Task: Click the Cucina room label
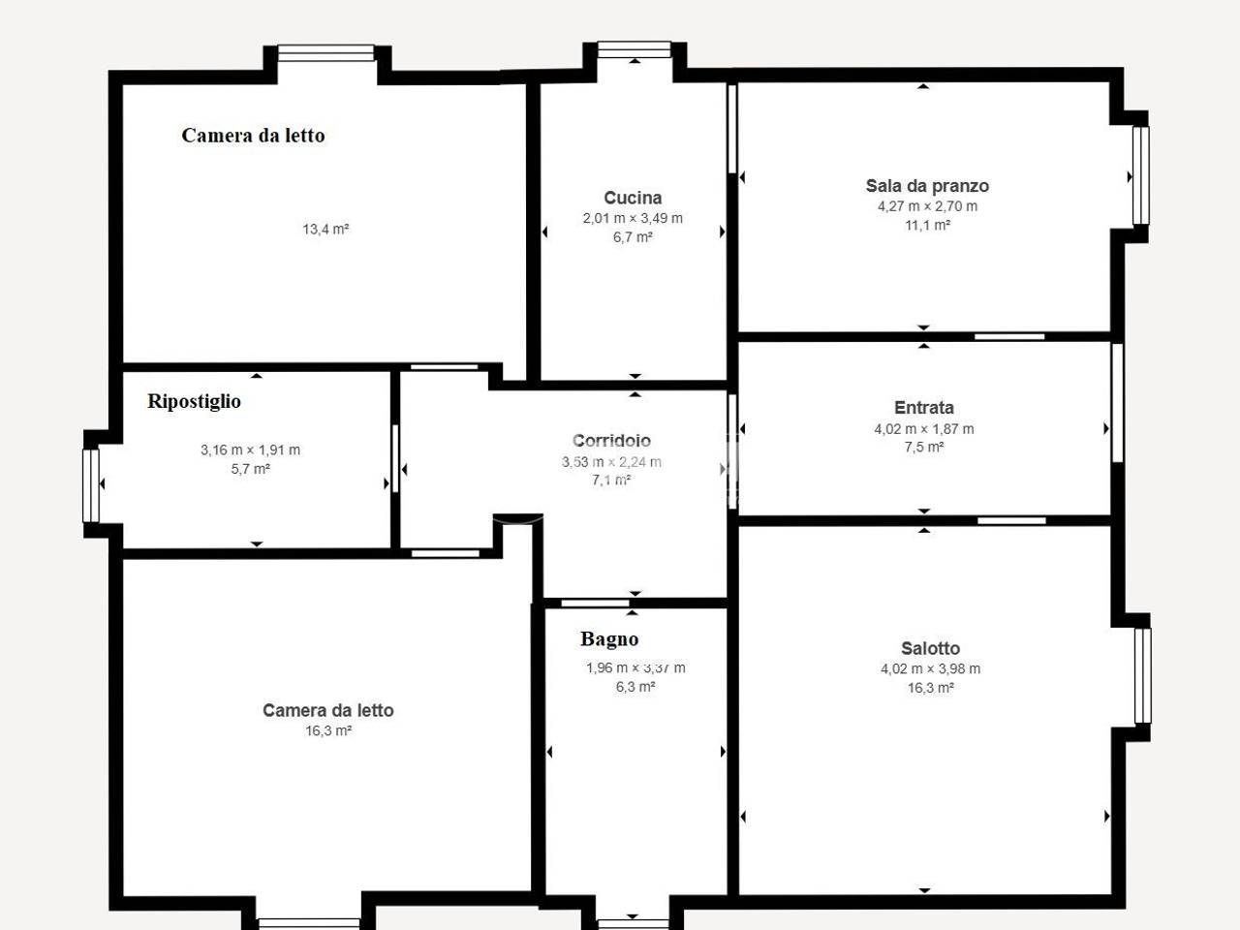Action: (633, 198)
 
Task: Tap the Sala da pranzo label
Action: (927, 186)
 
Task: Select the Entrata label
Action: (923, 407)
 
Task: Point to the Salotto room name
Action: (930, 648)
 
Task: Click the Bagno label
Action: (609, 639)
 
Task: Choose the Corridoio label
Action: (611, 441)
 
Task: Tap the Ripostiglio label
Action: (194, 401)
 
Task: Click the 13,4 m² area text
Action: (325, 230)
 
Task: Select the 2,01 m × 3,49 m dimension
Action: (633, 218)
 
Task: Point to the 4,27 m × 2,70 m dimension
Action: (927, 206)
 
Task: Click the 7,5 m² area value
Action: (923, 448)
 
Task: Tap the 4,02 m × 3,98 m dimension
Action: (930, 668)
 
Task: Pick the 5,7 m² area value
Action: (250, 469)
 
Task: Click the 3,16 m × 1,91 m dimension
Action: (250, 450)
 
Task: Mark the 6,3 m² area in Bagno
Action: (635, 687)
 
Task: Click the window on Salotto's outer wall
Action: (1143, 676)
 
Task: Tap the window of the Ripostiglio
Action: (91, 485)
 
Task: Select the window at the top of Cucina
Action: (635, 49)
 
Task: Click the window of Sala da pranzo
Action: (1141, 175)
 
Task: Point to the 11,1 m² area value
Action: (927, 226)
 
